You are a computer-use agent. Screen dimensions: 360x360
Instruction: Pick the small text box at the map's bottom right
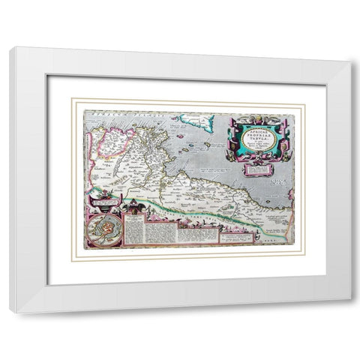point(240,234)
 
